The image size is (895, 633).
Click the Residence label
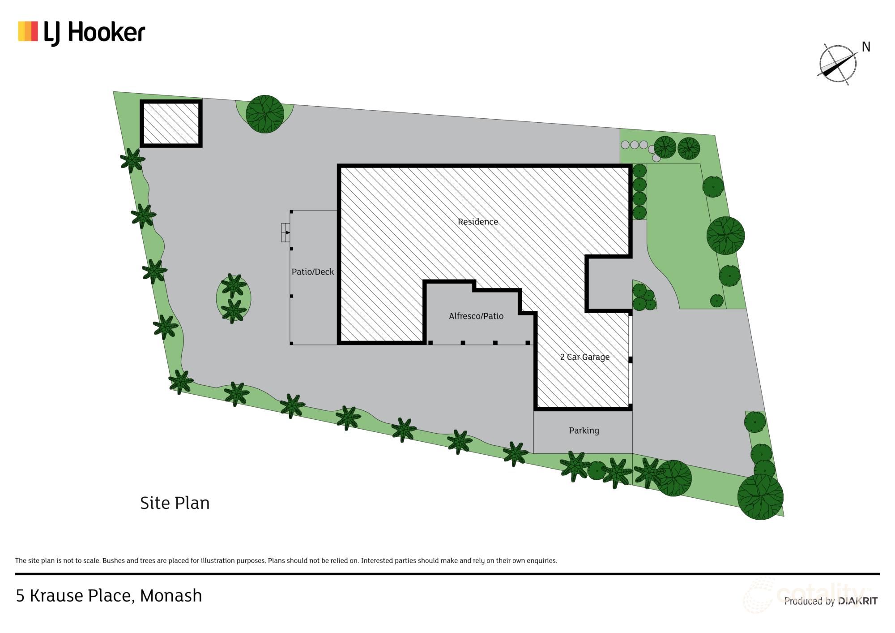coord(477,222)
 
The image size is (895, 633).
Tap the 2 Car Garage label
coord(584,357)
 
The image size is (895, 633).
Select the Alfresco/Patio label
coord(476,316)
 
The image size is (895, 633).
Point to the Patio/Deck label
coord(312,272)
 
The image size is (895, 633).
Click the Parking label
coord(584,431)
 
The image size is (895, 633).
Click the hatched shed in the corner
coord(171,123)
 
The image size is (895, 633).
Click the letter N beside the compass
coord(866,47)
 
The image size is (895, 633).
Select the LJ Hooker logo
coord(81,33)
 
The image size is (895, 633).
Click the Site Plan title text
coord(175,503)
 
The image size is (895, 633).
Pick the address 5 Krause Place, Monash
coord(109,596)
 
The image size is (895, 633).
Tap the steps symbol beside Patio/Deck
coord(286,233)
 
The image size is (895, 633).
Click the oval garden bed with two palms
coord(233,298)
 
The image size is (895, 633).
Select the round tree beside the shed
coord(264,114)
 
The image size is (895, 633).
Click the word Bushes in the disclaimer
coord(114,560)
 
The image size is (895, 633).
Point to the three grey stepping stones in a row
coord(634,145)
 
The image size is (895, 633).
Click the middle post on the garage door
coord(630,360)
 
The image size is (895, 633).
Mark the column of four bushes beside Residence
coord(639,192)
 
